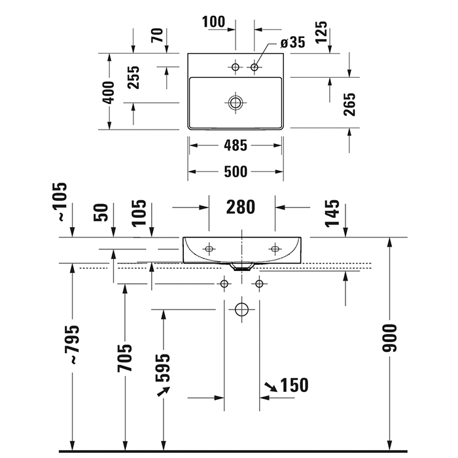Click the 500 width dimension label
pyautogui.click(x=236, y=172)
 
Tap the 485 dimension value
pyautogui.click(x=236, y=146)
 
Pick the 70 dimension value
pyautogui.click(x=157, y=36)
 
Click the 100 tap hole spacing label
pyautogui.click(x=213, y=22)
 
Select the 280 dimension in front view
pyautogui.click(x=240, y=207)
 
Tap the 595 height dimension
pyautogui.click(x=164, y=368)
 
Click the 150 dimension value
pyautogui.click(x=294, y=385)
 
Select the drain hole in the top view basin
pyautogui.click(x=236, y=102)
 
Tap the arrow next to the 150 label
pyautogui.click(x=268, y=388)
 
